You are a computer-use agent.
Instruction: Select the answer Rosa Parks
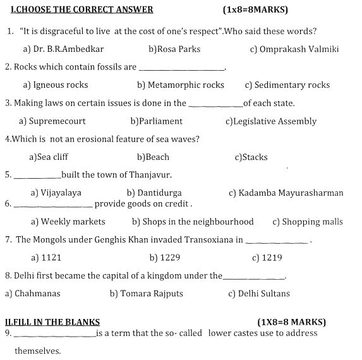click(171, 49)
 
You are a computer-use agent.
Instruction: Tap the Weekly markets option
click(68, 222)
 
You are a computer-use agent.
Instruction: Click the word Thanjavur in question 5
click(149, 175)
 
